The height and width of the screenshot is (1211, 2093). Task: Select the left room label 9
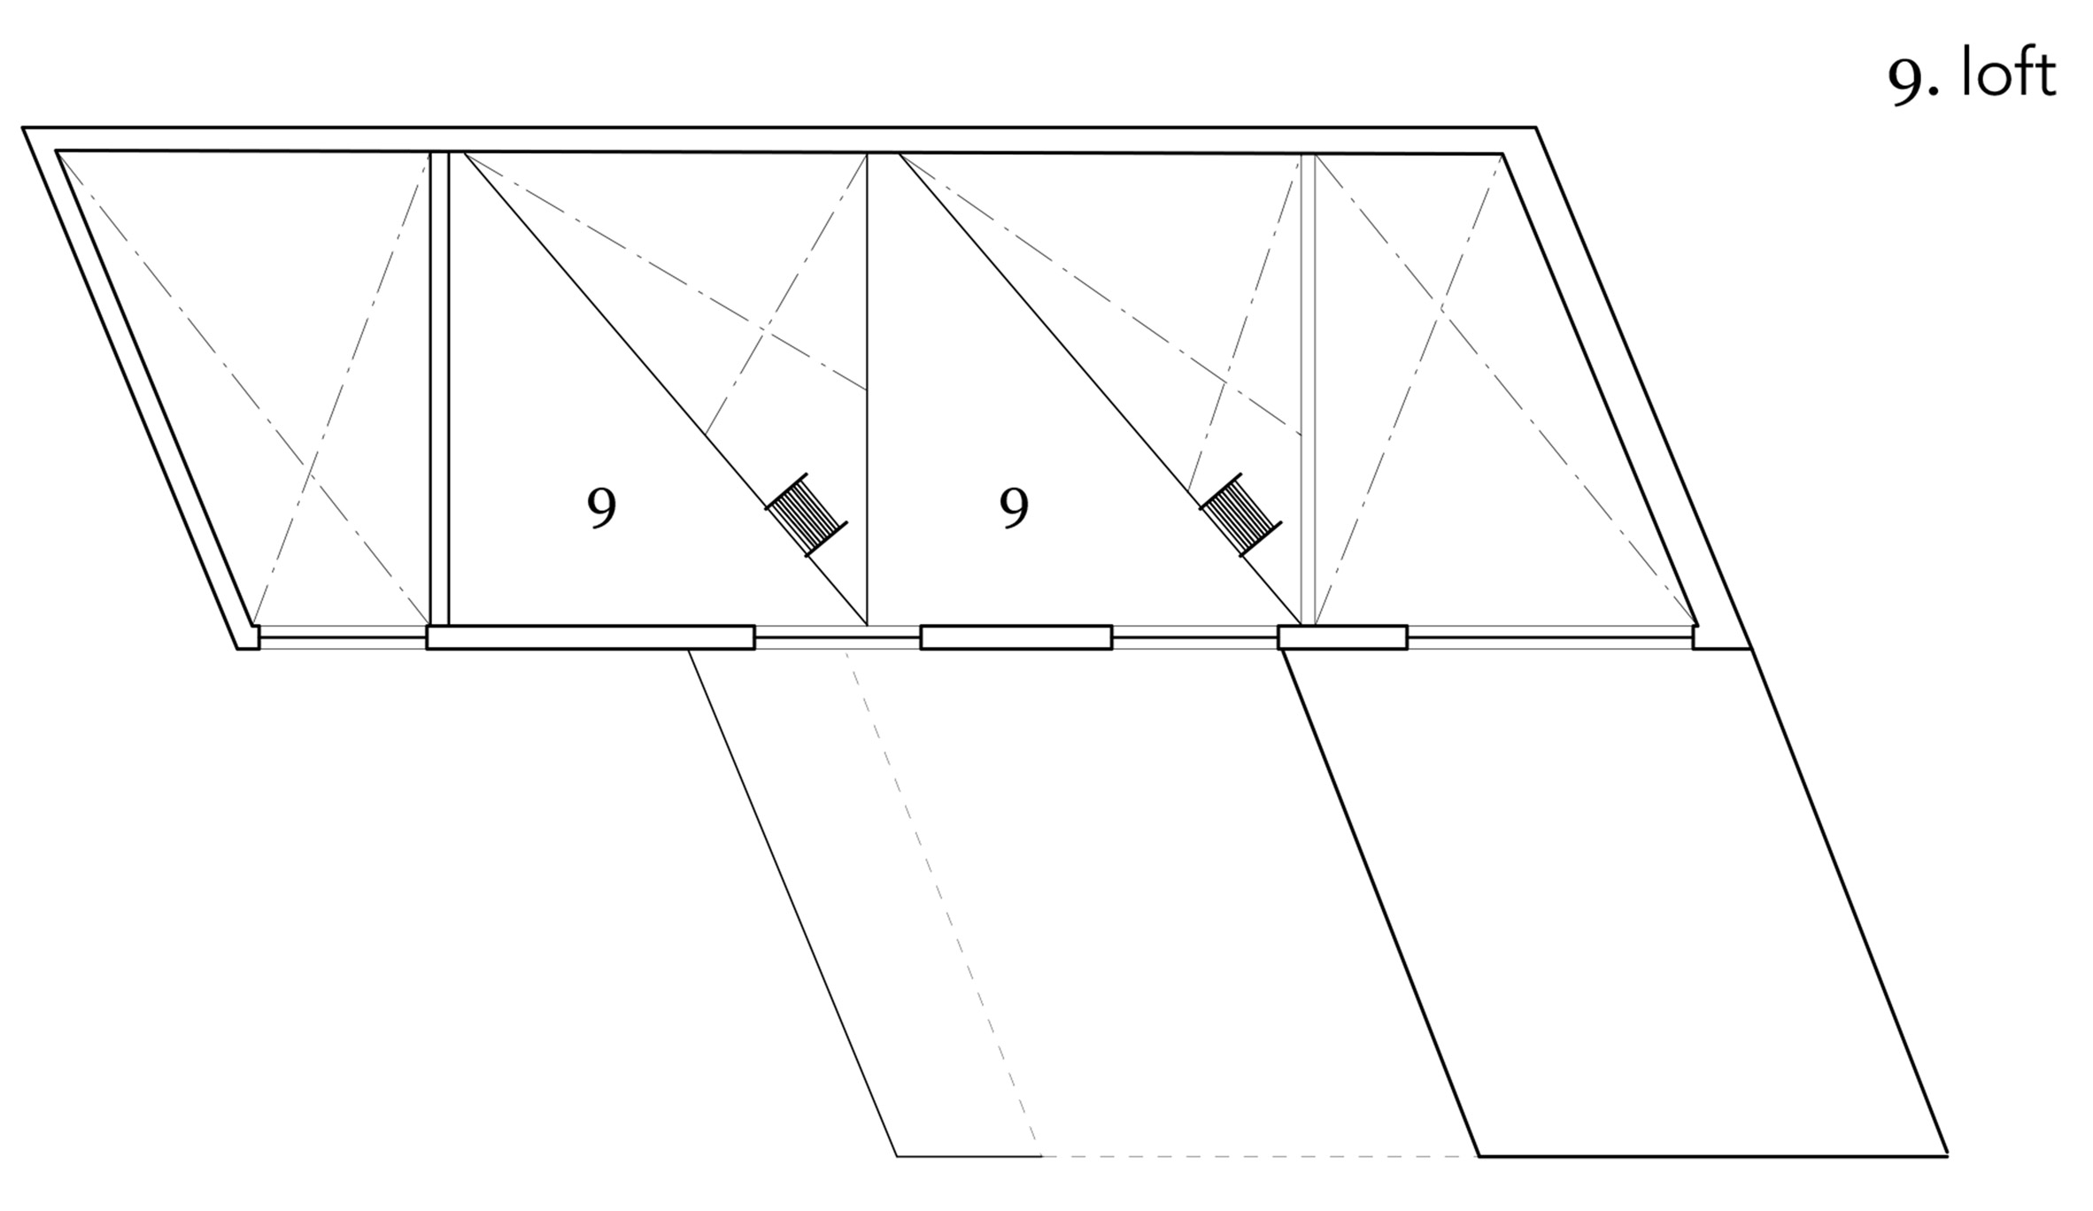602,508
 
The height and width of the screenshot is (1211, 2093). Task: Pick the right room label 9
1014,508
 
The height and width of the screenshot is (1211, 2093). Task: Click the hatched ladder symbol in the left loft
807,514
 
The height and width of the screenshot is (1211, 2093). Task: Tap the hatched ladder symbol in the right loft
1240,514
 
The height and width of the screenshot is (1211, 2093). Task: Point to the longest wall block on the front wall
591,637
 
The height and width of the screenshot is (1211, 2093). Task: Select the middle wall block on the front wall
1016,637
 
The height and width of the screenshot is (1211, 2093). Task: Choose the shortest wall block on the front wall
1342,637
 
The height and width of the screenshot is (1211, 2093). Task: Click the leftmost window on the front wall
343,637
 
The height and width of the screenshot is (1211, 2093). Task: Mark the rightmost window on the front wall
1550,637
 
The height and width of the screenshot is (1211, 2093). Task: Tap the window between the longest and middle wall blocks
838,637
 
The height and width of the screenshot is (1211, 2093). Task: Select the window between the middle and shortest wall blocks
1195,637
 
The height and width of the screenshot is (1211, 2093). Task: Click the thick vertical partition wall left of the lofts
439,389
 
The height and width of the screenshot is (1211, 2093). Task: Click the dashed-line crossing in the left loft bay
764,334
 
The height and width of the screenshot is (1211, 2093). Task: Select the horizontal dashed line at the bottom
1259,1156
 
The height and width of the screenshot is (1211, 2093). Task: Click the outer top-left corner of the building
23,128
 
